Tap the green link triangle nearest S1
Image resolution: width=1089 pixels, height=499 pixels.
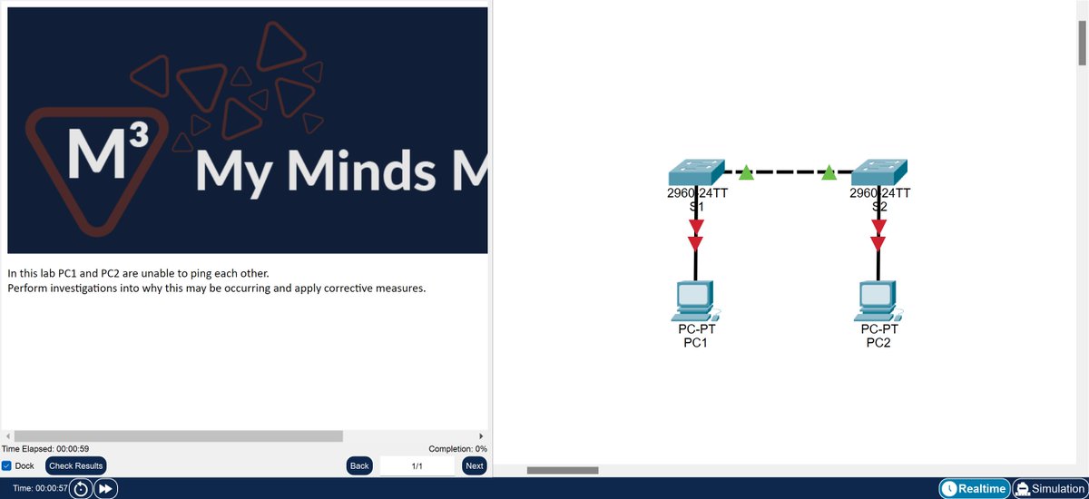coord(745,172)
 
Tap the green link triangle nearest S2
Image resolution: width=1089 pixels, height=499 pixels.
coord(829,172)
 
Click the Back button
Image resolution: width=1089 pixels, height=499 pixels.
coord(359,465)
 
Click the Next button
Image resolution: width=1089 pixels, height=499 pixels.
coord(474,465)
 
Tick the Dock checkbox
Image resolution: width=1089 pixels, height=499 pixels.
coord(6,465)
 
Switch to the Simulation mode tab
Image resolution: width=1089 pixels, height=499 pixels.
coord(1049,488)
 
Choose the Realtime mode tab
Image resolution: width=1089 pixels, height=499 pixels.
coord(974,488)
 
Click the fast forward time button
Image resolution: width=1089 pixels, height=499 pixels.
coord(105,488)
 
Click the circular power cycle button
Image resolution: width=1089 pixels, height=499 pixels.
coord(81,488)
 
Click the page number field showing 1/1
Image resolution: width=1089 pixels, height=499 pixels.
coord(417,465)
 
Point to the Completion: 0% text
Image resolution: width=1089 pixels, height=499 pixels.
coord(457,448)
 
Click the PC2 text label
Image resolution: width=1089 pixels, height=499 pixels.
coord(878,343)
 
